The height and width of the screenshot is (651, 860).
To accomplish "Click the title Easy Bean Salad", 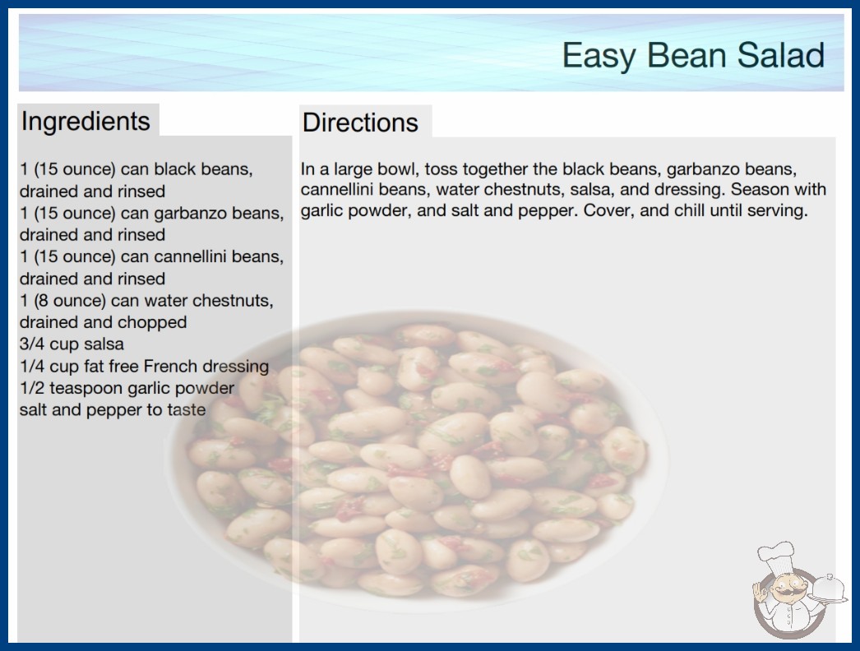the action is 693,55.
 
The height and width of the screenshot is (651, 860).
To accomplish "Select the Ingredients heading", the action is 86,121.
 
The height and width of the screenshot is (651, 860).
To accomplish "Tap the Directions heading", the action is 360,122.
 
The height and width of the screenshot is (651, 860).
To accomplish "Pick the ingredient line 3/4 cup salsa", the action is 72,344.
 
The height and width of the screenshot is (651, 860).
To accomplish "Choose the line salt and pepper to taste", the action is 113,409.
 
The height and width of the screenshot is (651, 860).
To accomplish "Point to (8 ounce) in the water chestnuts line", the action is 70,301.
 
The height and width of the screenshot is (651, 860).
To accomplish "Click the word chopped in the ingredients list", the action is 155,322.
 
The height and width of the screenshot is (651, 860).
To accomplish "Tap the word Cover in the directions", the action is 606,210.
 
